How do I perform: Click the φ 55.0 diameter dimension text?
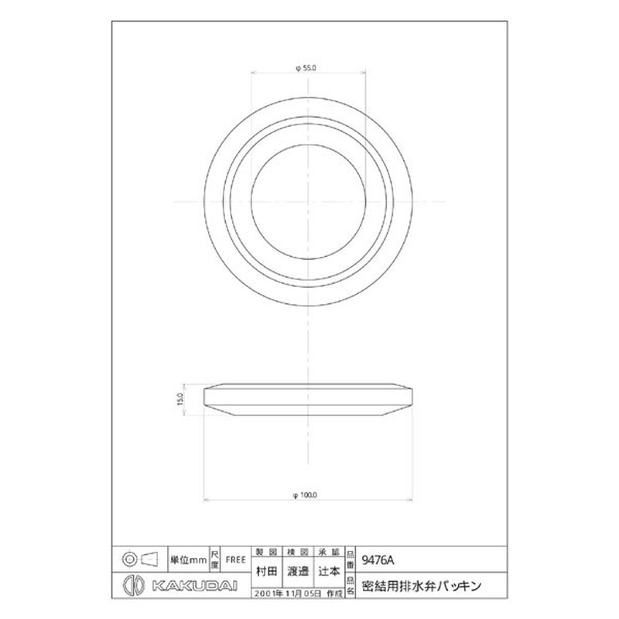click(x=307, y=70)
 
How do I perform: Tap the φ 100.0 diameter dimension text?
click(x=307, y=494)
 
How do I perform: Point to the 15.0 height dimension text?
click(x=180, y=399)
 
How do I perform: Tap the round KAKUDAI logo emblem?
click(x=132, y=585)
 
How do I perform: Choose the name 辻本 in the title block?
click(x=330, y=571)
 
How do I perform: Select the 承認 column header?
click(x=330, y=551)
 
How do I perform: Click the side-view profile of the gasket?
click(x=307, y=399)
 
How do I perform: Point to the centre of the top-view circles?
click(x=307, y=202)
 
